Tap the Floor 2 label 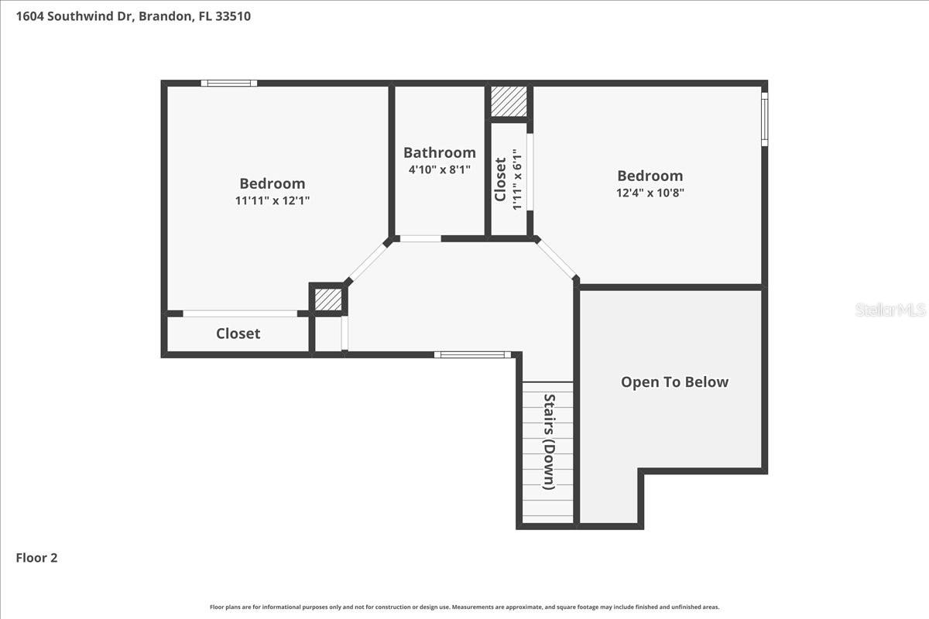point(37,557)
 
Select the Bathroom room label point(439,152)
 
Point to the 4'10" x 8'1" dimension point(439,169)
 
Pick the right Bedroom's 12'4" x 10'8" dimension point(650,193)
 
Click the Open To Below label point(674,381)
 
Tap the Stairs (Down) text point(549,442)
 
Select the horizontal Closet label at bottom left point(238,333)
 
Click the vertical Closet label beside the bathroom point(501,180)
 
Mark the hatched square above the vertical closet point(509,101)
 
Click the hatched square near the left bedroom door point(327,299)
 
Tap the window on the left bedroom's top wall point(229,83)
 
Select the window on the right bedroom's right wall point(764,119)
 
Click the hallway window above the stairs point(472,354)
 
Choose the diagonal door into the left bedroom point(367,262)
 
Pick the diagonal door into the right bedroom point(557,258)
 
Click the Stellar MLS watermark point(890,310)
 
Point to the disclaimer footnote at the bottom point(464,607)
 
